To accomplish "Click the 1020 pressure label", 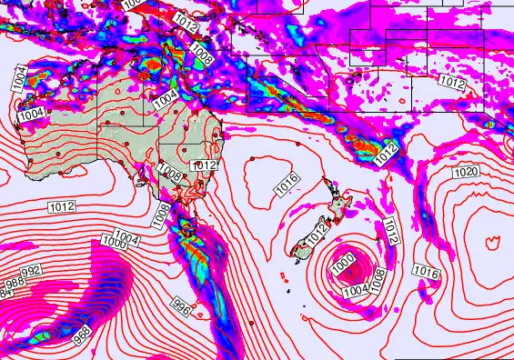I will point(466,172).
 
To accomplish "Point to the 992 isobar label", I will point(31,271).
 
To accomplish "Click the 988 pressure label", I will point(12,283).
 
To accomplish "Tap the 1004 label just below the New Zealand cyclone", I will point(356,290).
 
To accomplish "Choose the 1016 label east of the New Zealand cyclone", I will point(426,271).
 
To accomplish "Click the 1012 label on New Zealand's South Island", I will point(317,234).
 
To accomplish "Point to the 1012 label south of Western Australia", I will point(62,207).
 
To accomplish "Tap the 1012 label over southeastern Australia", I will point(204,165).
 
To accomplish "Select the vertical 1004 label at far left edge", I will point(17,79).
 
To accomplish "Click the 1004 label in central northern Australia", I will point(166,95).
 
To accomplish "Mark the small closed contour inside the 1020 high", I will point(493,242).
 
